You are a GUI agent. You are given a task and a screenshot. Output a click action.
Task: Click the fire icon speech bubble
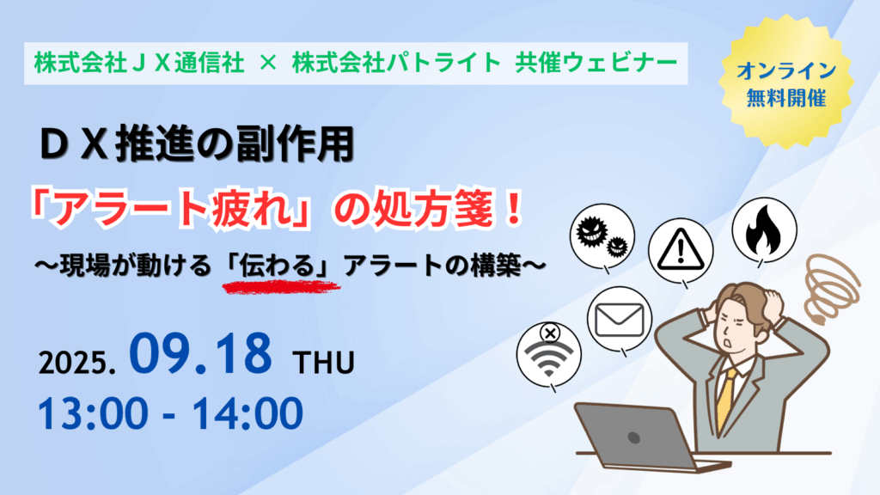[x=764, y=230]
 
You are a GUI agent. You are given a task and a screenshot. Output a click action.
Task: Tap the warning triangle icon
[x=681, y=250]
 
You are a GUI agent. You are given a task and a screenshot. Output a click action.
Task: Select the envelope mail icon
[x=619, y=321]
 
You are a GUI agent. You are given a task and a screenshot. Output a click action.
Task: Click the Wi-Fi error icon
[x=549, y=355]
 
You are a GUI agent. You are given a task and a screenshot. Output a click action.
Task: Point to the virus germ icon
[x=602, y=236]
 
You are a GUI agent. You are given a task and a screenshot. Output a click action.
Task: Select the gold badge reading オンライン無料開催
[x=785, y=83]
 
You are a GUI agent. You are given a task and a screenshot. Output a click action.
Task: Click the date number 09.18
[x=200, y=353]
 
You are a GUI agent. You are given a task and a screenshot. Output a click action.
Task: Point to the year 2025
[x=76, y=363]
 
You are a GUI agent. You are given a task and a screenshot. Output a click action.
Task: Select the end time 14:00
[x=247, y=413]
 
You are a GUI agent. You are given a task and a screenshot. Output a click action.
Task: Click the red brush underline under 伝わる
[x=281, y=287]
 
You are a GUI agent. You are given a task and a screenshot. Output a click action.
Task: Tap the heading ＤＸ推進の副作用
[x=197, y=144]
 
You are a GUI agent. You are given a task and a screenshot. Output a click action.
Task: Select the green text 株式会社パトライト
[x=396, y=63]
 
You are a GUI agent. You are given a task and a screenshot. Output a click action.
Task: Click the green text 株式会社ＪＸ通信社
[x=139, y=63]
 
